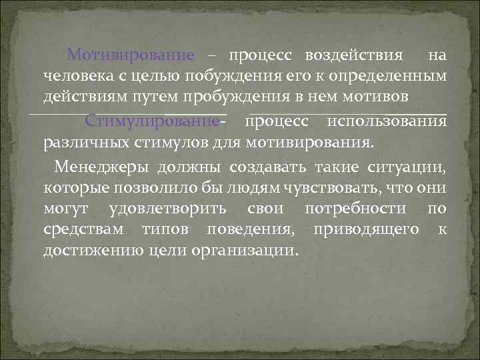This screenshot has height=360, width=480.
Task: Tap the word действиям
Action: point(83,97)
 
